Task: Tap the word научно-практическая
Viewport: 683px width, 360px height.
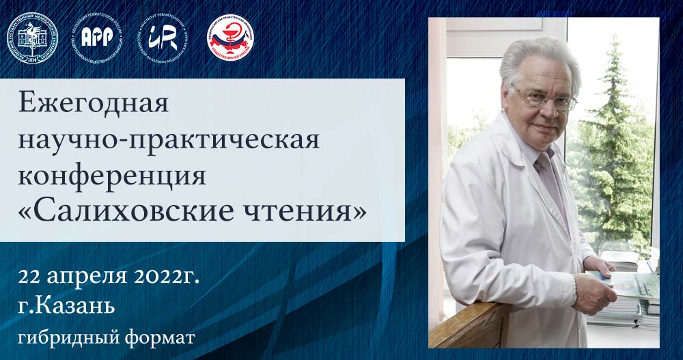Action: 168,140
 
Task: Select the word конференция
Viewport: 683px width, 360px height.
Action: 112,176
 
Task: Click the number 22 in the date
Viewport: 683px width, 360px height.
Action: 32,278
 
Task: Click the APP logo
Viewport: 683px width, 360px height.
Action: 98,36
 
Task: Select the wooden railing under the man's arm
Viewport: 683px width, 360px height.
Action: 471,326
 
